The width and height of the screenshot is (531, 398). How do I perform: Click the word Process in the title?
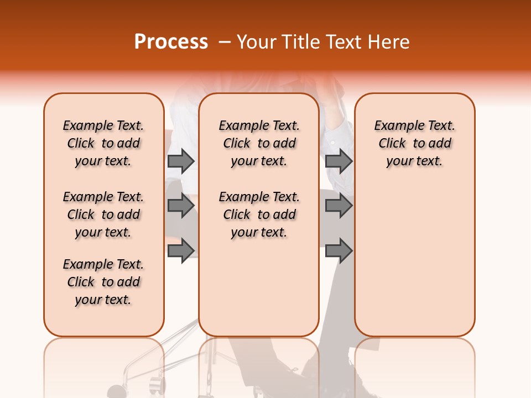click(x=171, y=42)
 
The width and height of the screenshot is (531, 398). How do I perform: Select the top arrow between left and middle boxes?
click(x=181, y=161)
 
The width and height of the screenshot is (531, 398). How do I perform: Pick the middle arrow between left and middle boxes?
click(x=181, y=206)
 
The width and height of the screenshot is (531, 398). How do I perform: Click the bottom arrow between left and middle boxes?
click(x=181, y=250)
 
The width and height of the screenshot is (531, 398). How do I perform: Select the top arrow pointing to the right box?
click(x=339, y=161)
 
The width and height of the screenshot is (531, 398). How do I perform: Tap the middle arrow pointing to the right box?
click(x=339, y=206)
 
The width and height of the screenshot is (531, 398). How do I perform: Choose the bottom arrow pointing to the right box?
click(x=339, y=250)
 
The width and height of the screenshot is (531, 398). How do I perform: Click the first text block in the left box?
click(x=103, y=143)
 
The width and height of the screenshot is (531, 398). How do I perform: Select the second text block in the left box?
click(x=103, y=214)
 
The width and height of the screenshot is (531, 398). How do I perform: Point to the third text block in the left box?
click(x=103, y=282)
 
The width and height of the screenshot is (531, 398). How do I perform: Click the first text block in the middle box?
click(x=259, y=143)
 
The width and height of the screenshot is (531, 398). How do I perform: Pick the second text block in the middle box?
click(x=259, y=214)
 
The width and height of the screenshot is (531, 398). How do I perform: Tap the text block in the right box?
click(x=415, y=143)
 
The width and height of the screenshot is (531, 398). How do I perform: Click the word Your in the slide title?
click(x=257, y=42)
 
